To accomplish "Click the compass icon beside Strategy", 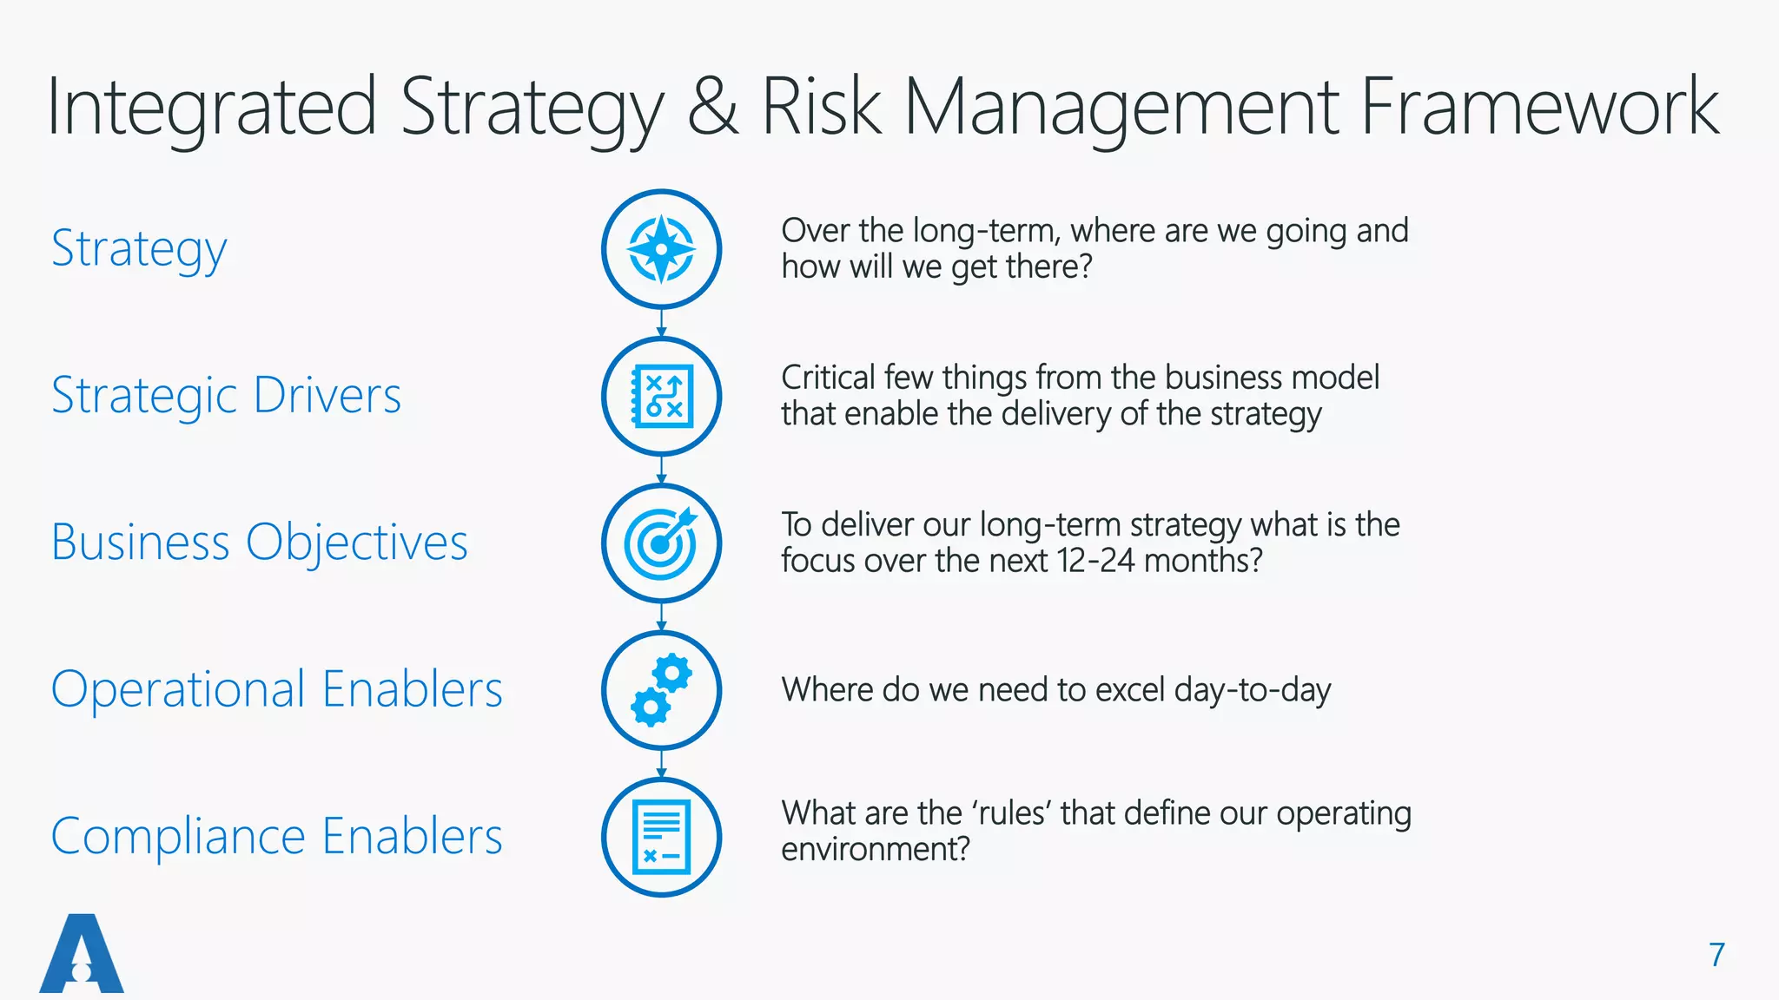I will [661, 249].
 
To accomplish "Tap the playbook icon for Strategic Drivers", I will [661, 396].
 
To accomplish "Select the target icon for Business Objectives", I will [661, 543].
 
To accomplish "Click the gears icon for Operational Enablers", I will [661, 690].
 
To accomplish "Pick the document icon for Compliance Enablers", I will [661, 837].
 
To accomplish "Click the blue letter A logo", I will [82, 954].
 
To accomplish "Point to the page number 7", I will [1716, 955].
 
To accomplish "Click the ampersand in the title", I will [712, 108].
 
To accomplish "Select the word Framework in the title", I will [1538, 108].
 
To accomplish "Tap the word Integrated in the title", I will [211, 108].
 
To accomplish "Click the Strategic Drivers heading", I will [226, 396].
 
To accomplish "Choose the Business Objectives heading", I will [259, 543].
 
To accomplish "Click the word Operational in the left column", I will [178, 690].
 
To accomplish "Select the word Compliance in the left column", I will [178, 837].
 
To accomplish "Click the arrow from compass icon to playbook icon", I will [661, 323].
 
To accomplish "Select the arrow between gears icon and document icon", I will [661, 764].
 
